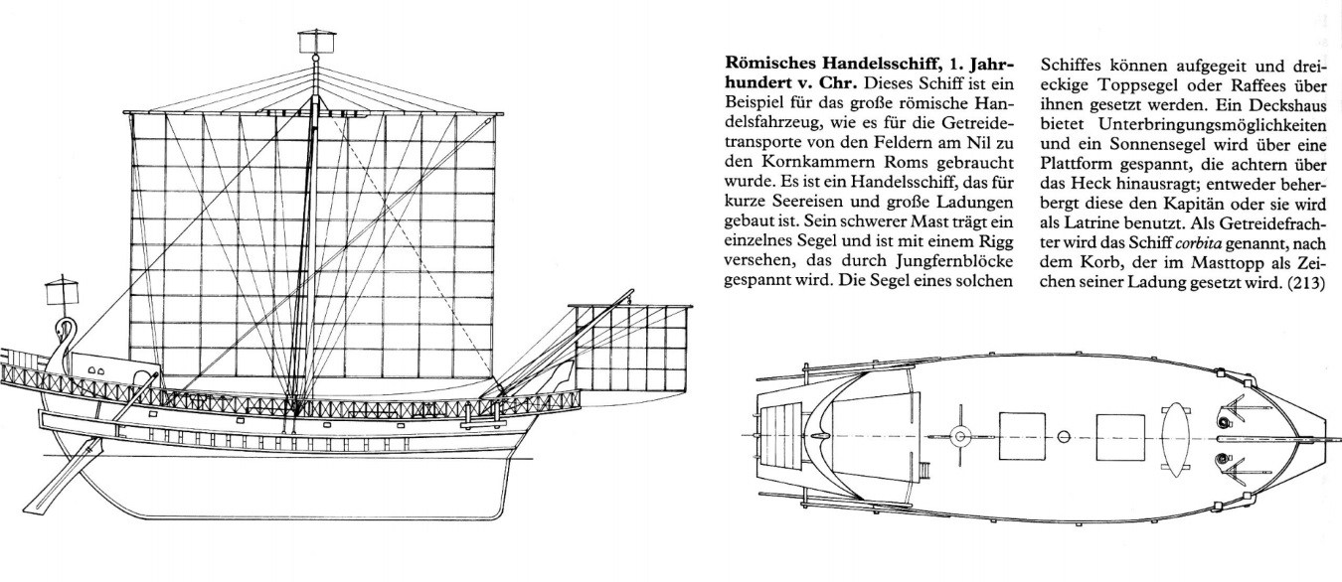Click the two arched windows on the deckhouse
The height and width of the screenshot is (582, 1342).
pos(94,367)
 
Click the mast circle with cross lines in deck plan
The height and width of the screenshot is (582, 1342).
pos(960,436)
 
